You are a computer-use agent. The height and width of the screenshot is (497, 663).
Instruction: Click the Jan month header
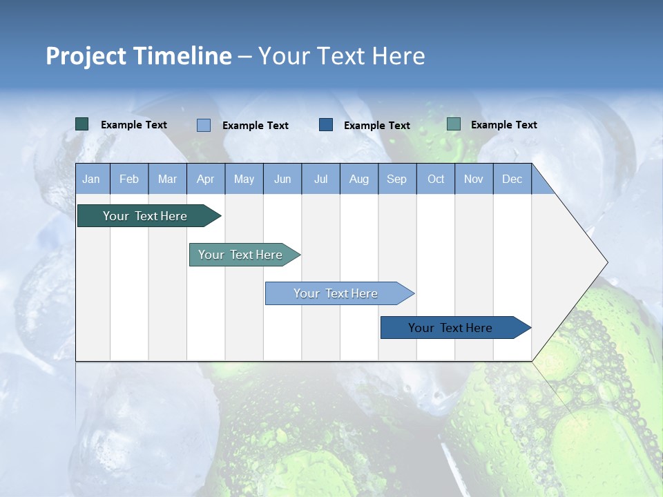(x=92, y=179)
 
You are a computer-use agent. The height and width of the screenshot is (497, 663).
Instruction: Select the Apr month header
(x=206, y=179)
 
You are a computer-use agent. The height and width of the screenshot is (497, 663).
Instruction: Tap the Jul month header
(x=320, y=179)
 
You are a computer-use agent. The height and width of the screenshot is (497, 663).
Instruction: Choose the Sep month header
(x=397, y=179)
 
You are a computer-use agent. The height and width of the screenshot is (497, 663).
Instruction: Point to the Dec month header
(x=512, y=179)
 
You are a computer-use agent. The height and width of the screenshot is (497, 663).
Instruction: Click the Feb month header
(x=129, y=179)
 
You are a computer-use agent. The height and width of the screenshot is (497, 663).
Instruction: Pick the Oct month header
(x=436, y=179)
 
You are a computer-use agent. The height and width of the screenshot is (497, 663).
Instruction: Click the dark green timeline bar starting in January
(x=146, y=216)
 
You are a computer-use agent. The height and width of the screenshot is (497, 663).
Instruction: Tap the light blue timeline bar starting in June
(x=336, y=293)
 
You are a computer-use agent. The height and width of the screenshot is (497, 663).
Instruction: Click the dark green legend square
(x=81, y=124)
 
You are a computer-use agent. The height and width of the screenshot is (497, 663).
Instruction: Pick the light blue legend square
(x=204, y=125)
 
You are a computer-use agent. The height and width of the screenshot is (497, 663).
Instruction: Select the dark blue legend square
(x=326, y=124)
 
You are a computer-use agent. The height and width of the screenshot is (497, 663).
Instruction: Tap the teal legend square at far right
(x=454, y=124)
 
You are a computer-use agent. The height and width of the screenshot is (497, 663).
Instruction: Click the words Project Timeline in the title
(x=139, y=56)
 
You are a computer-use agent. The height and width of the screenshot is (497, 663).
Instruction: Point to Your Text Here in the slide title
(x=341, y=56)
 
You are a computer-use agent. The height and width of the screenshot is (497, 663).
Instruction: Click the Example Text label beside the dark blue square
(x=376, y=125)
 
